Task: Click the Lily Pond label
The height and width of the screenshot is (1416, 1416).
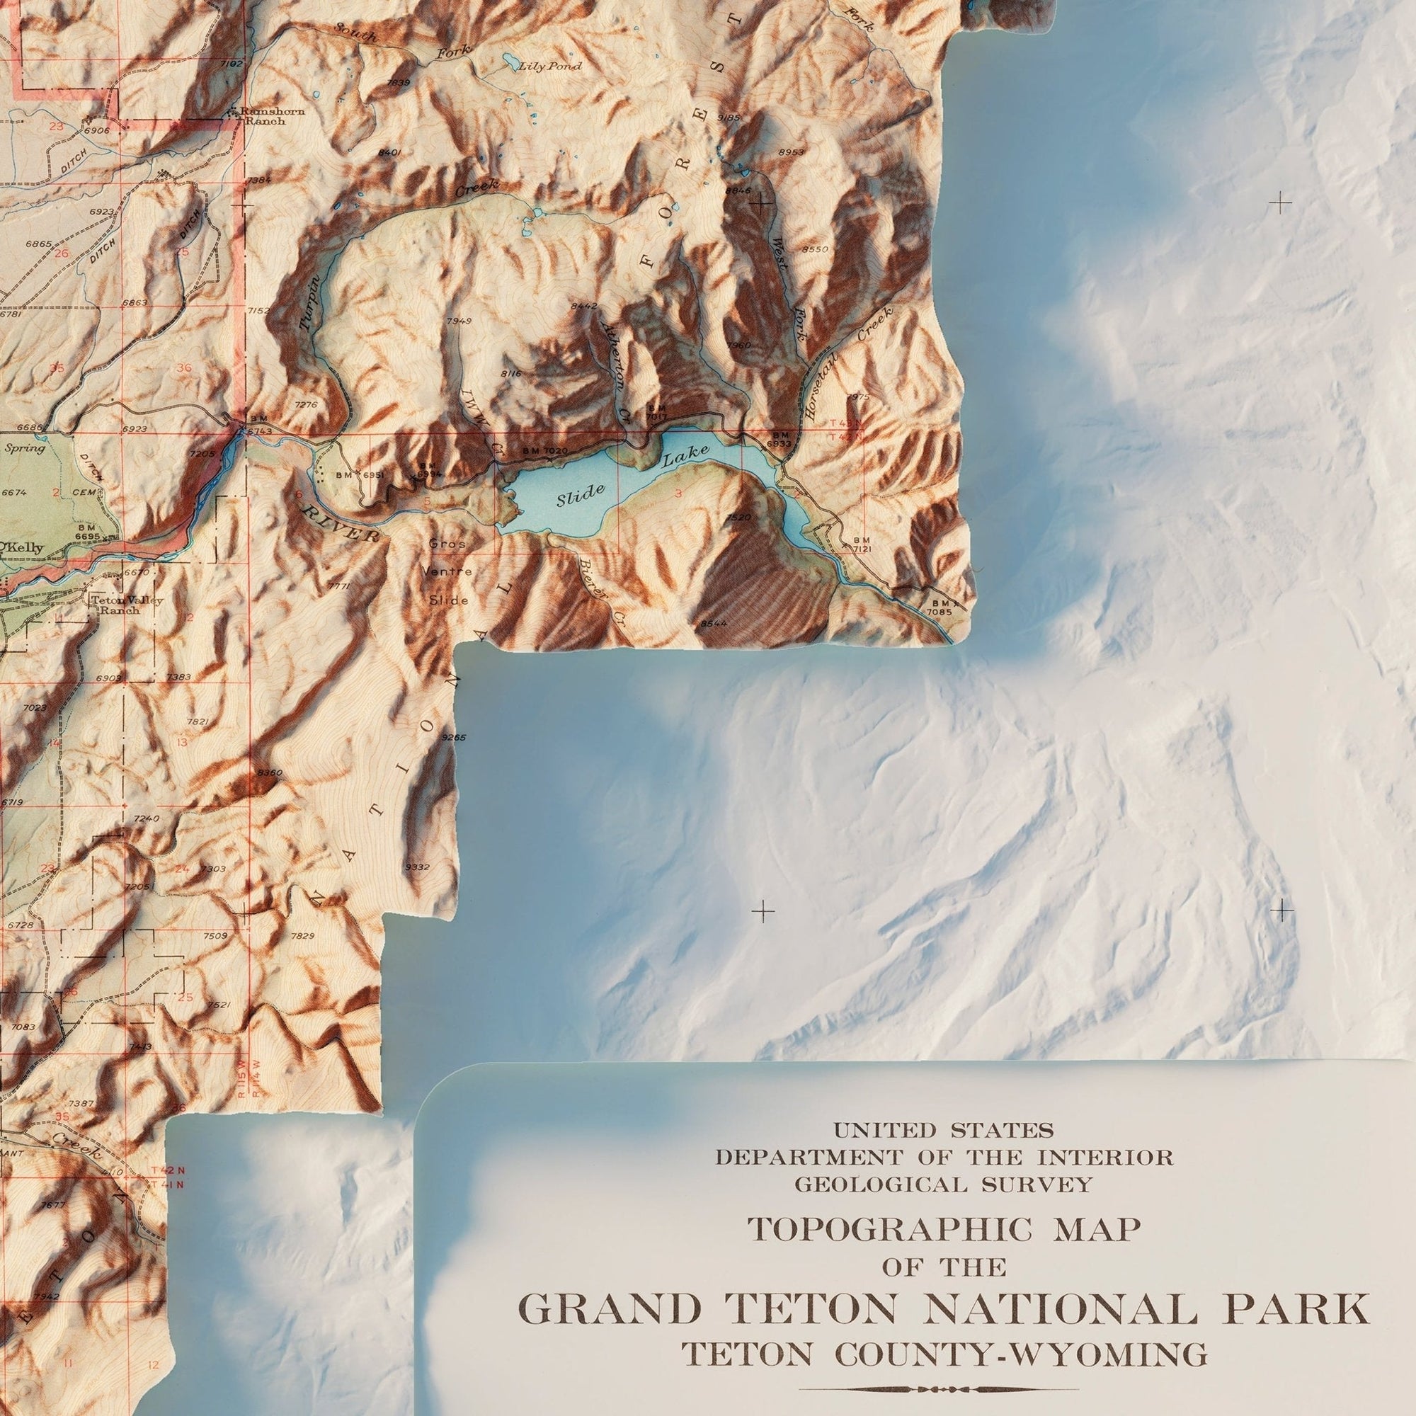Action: pyautogui.click(x=549, y=67)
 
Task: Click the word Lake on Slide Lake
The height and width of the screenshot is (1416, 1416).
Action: pyautogui.click(x=685, y=457)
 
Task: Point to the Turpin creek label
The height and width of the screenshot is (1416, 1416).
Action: pyautogui.click(x=311, y=302)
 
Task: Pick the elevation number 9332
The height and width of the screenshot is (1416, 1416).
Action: pyautogui.click(x=417, y=868)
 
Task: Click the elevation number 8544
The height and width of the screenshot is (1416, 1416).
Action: pyautogui.click(x=713, y=623)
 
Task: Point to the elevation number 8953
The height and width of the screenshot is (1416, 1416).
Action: pyautogui.click(x=792, y=152)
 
